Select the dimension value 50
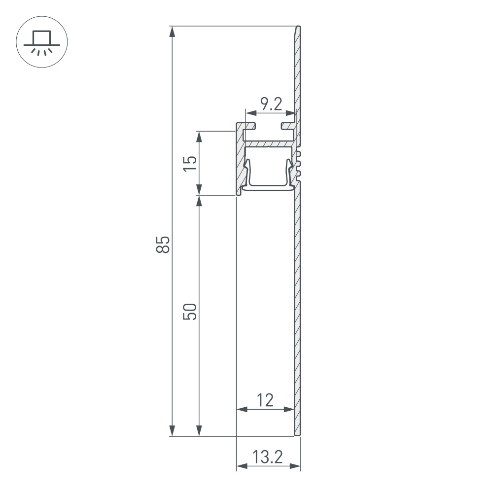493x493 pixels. [x=190, y=312]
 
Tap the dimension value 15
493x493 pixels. [x=190, y=163]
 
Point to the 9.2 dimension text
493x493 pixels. [x=271, y=104]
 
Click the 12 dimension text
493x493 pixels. [x=265, y=400]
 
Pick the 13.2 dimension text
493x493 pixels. [x=268, y=458]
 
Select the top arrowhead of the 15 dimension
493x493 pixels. [x=199, y=137]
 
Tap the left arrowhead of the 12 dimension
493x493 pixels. [x=242, y=409]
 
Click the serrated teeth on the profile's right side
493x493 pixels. [x=299, y=165]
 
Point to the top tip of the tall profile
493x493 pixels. [x=298, y=28]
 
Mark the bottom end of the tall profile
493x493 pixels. [x=297, y=434]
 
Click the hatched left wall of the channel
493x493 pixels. [x=240, y=163]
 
